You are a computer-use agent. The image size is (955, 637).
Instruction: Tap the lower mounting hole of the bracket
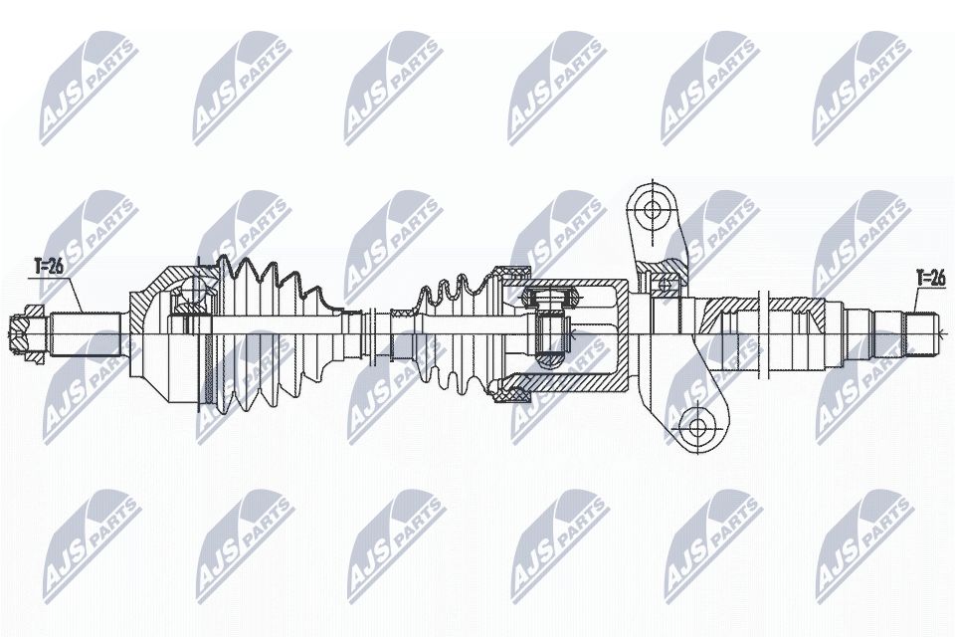coord(697,428)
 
